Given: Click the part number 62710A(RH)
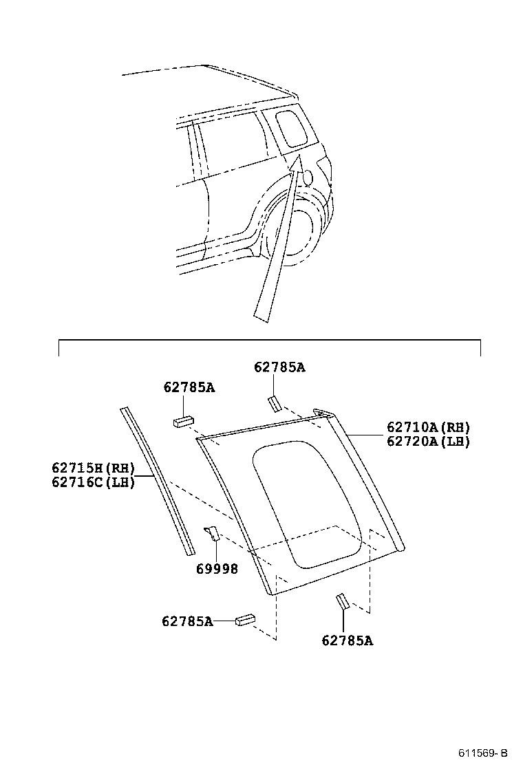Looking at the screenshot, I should click(428, 427).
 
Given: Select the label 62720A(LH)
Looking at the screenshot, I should click(428, 442).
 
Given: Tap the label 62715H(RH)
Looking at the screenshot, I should click(93, 468).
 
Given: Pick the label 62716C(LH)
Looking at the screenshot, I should click(93, 482).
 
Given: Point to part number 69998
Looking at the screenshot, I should click(217, 569).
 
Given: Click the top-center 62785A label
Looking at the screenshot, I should click(279, 367).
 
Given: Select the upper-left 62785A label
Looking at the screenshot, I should click(189, 387).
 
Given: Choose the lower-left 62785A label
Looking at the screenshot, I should click(187, 621).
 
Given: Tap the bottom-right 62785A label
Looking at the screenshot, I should click(347, 640).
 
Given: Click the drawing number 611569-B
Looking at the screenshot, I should click(484, 753).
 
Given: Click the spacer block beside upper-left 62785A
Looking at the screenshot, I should click(183, 420).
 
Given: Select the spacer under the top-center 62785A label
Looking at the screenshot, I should click(274, 403).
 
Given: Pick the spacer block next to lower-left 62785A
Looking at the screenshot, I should click(245, 620).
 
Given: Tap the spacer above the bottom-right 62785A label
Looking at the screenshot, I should click(342, 601).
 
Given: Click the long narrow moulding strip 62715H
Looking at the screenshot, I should click(157, 478).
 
